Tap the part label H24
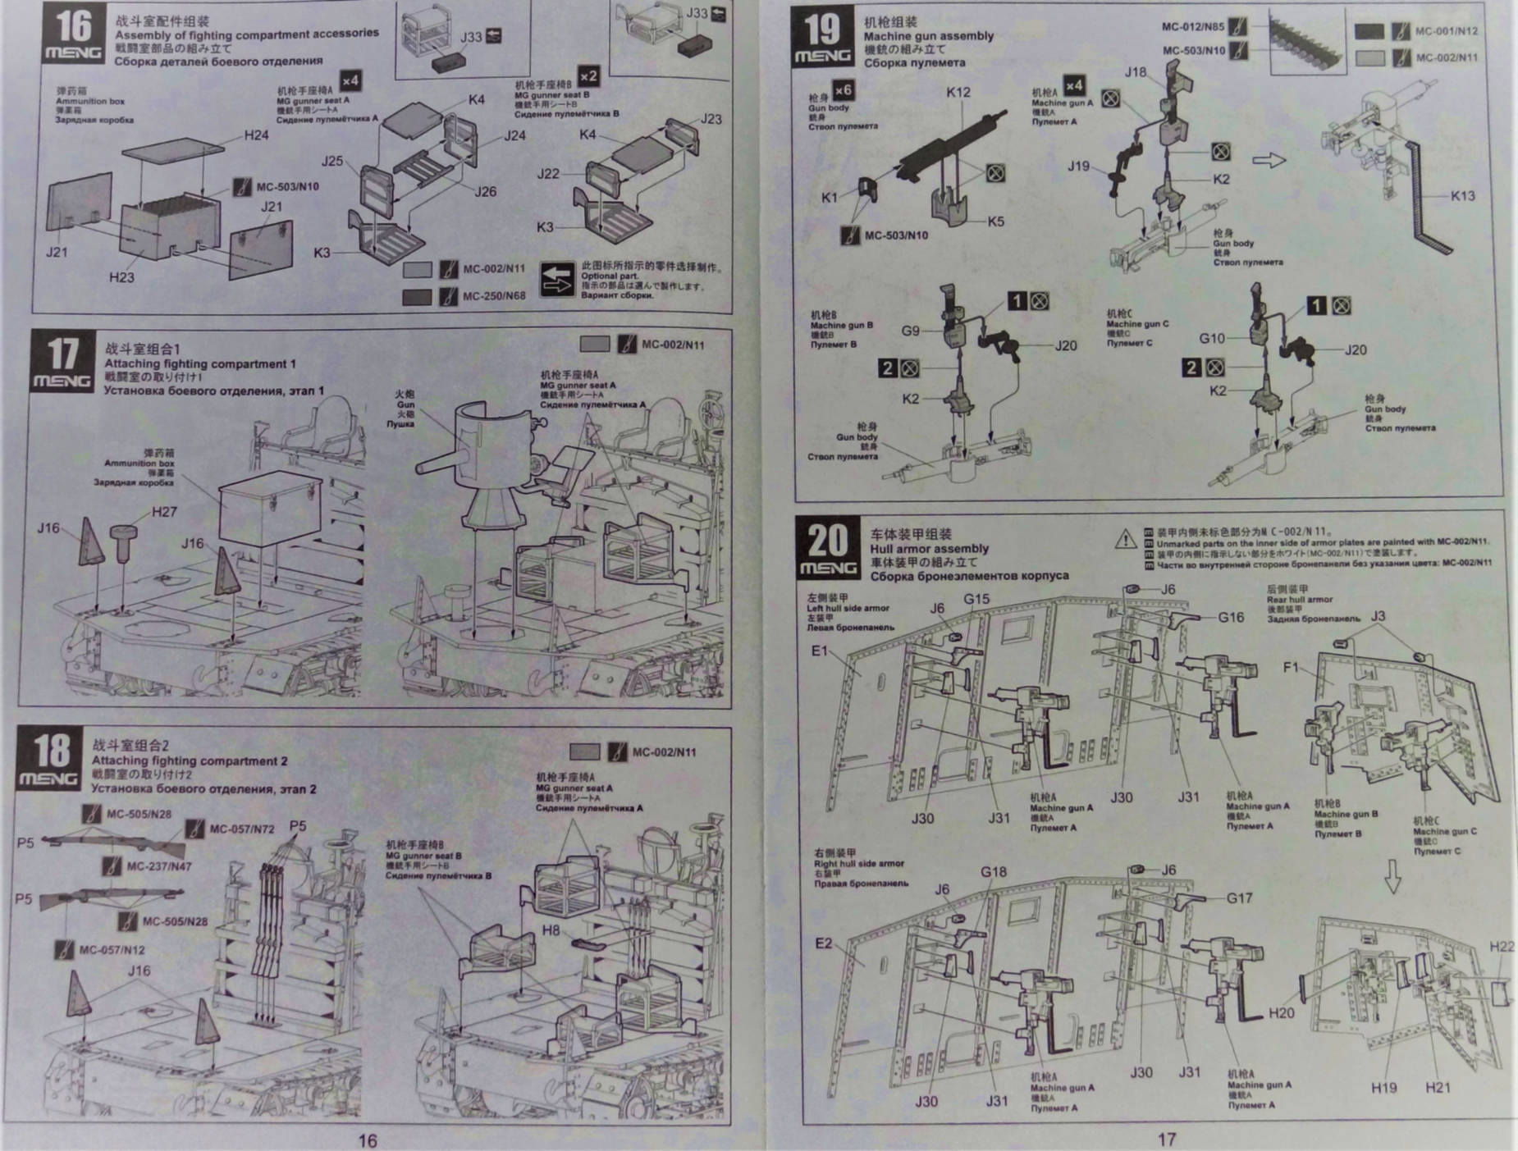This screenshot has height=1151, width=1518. tap(256, 135)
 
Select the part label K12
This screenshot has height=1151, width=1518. tap(958, 92)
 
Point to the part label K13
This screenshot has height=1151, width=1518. tap(1462, 195)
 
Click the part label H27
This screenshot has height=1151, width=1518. tap(164, 512)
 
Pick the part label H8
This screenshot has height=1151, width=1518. tap(551, 929)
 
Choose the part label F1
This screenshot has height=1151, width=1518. tap(1292, 667)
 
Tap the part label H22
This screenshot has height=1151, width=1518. tap(1502, 947)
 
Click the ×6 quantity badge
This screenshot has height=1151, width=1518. tap(843, 89)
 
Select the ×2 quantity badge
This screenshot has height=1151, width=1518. tap(588, 76)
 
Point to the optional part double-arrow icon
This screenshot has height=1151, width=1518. tap(557, 280)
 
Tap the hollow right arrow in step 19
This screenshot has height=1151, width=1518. tap(1269, 159)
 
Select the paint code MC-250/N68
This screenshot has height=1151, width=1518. tap(493, 295)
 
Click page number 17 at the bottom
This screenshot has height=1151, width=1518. tap(1166, 1139)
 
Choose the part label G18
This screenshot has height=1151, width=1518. tap(993, 872)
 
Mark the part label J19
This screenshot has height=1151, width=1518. tap(1078, 166)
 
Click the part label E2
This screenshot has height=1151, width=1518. tap(823, 943)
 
